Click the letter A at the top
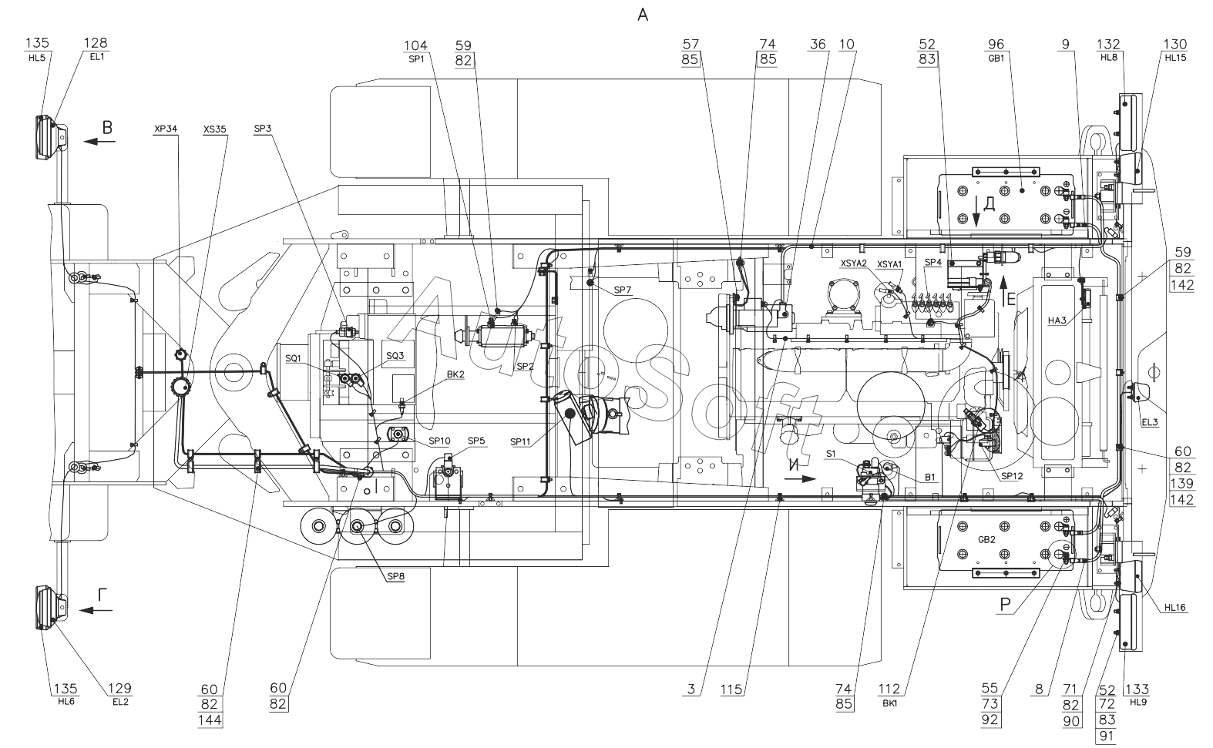pos(643,15)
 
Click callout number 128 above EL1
pos(96,43)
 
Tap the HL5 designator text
pos(37,58)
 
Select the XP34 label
pos(166,129)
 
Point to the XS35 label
pos(215,129)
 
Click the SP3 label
pos(263,129)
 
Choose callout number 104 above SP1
pos(416,45)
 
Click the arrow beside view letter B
pos(99,142)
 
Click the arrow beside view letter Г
pos(96,611)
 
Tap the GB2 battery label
pos(986,539)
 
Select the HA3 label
pos(1057,321)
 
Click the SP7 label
pos(623,290)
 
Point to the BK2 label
pos(455,374)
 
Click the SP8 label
pos(396,576)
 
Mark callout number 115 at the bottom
pos(731,689)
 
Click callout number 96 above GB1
pos(996,45)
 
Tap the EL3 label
pos(1150,422)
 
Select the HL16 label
pos(1175,608)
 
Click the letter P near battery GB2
pos(1005,605)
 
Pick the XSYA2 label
pos(853,263)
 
